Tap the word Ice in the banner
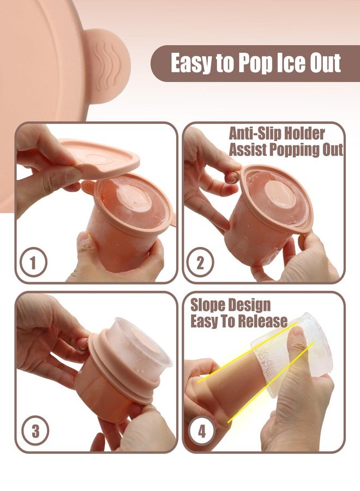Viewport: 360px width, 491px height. tap(292, 63)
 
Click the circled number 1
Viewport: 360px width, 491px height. tap(33, 261)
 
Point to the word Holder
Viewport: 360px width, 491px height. tap(302, 134)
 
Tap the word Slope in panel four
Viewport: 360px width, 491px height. tap(208, 306)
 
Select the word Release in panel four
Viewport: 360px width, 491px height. tap(264, 321)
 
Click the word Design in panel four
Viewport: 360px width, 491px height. tap(249, 306)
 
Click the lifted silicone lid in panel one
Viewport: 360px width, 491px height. tap(100, 157)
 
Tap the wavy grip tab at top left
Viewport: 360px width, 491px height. tap(107, 66)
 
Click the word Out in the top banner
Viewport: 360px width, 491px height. tap(325, 63)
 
